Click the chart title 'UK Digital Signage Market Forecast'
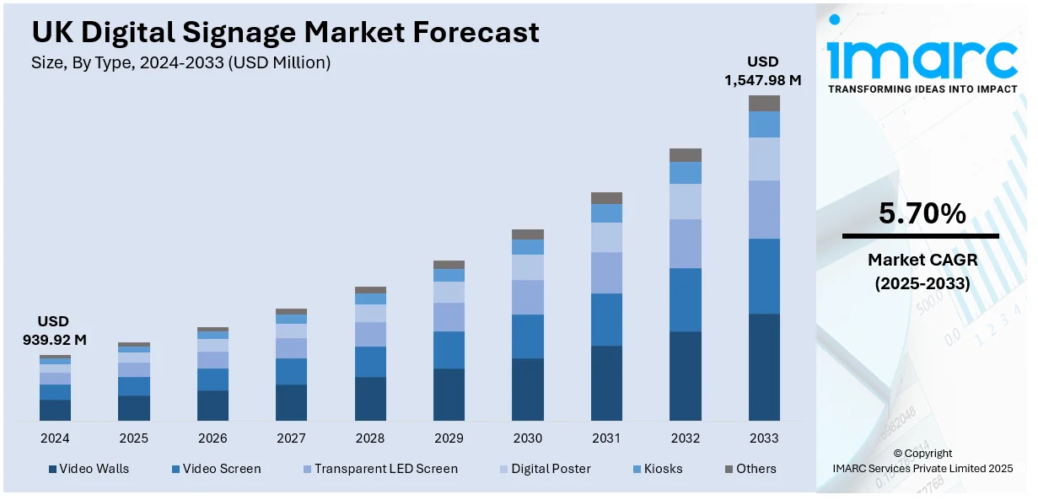285,32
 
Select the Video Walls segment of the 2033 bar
764,367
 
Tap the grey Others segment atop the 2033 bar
764,104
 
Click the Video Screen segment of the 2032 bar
686,299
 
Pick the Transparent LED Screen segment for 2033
764,209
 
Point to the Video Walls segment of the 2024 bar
55,410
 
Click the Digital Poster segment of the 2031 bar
606,237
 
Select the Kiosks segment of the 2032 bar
686,173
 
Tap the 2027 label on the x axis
291,438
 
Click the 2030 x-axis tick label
528,438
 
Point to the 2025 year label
133,438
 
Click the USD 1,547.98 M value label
762,71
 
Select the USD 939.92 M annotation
54,331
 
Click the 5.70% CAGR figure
922,214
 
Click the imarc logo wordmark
922,57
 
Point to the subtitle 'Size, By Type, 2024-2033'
180,62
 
